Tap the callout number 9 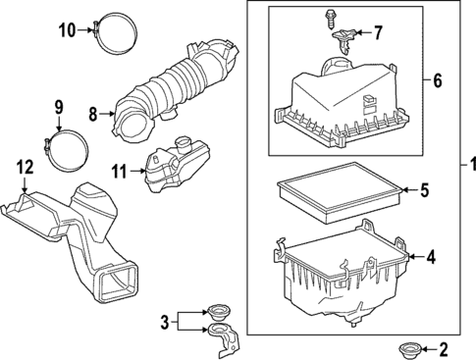pyautogui.click(x=58, y=106)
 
